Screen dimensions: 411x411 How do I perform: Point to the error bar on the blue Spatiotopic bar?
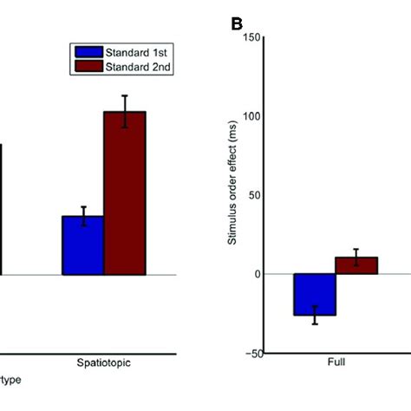pyautogui.click(x=83, y=216)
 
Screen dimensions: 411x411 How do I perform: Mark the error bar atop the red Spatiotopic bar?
pyautogui.click(x=125, y=111)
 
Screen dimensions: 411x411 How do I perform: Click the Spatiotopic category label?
pyautogui.click(x=103, y=364)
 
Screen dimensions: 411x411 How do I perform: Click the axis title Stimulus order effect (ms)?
pyautogui.click(x=232, y=195)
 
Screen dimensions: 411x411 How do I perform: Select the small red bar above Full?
pyautogui.click(x=356, y=265)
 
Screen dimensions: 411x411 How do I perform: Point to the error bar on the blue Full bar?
pyautogui.click(x=315, y=315)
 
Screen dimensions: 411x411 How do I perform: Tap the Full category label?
pyautogui.click(x=336, y=364)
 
